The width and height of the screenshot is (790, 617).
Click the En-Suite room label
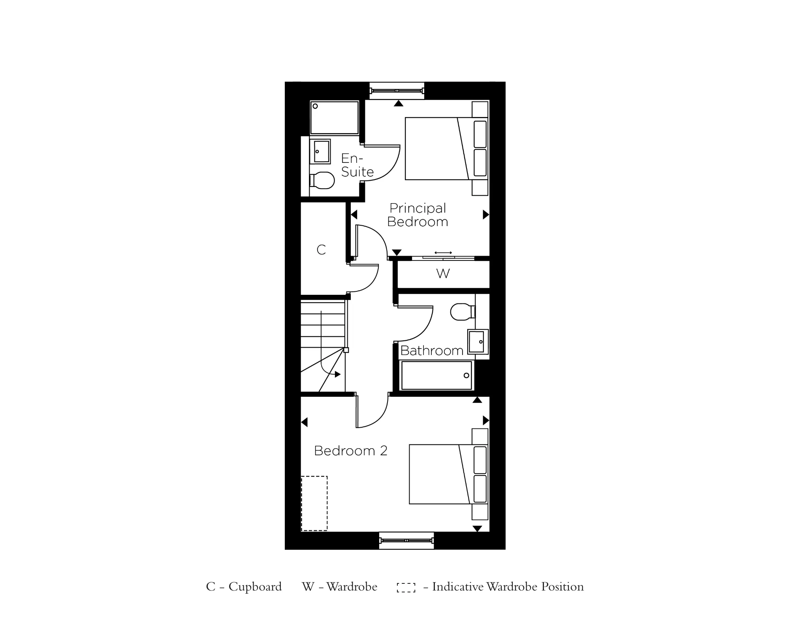357,165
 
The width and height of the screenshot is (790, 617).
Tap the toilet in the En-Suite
323,181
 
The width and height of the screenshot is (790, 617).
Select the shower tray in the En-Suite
334,118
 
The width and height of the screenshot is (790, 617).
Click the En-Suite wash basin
321,151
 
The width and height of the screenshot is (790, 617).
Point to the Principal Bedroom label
418,215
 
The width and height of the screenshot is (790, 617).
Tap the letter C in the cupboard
321,250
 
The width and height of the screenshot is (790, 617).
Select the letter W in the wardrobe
443,274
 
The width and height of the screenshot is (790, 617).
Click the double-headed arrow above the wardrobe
443,253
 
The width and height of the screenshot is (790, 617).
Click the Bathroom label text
431,351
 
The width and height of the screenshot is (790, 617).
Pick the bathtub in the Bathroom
436,375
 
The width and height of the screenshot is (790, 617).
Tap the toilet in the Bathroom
461,312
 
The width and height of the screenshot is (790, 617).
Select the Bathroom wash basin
477,342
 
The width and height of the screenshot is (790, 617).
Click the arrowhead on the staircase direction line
337,374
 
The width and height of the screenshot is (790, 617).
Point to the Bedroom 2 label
350,451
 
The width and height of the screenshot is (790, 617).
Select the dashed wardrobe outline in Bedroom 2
314,503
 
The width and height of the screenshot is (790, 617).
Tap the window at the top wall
397,91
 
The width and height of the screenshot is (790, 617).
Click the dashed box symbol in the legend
406,587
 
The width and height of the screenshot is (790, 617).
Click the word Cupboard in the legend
255,587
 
